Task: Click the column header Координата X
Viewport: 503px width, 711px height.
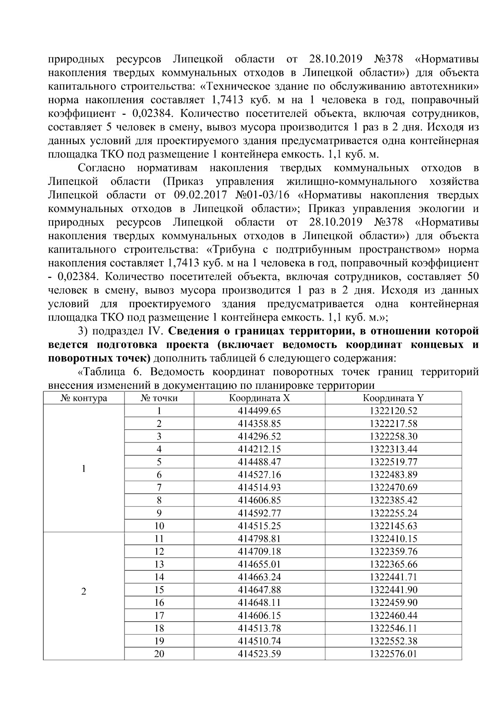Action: point(259,398)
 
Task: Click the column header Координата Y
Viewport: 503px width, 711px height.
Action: point(393,398)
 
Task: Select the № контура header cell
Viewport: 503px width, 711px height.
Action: point(84,398)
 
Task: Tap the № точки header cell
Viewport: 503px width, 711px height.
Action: point(159,398)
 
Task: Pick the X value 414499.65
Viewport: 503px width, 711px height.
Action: point(259,411)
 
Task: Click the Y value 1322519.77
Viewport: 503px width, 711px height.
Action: point(393,462)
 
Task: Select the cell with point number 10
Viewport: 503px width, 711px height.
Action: point(159,526)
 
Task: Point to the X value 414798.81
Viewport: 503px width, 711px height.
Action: point(259,539)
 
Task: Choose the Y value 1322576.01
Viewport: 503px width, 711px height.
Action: point(393,654)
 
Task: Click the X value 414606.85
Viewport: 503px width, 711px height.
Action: point(259,500)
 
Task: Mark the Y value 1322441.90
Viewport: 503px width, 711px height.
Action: point(393,590)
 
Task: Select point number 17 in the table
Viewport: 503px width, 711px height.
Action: point(159,615)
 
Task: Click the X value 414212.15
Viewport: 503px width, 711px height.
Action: point(259,449)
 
